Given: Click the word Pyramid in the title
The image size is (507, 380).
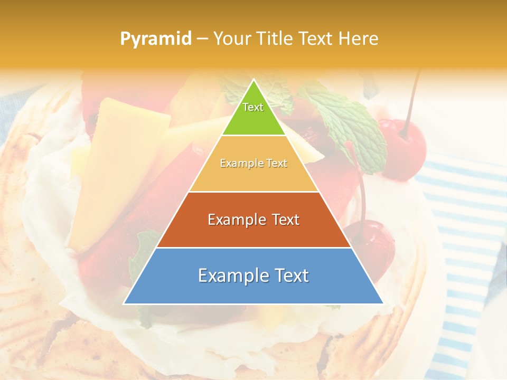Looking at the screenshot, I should click(155, 39).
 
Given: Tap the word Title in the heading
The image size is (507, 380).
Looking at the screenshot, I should click(274, 39).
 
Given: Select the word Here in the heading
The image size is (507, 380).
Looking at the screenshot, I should click(358, 39).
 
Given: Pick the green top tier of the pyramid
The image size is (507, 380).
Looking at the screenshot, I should click(253, 119).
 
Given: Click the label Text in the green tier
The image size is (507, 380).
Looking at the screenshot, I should click(253, 107).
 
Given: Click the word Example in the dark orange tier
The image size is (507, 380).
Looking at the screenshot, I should click(236, 220).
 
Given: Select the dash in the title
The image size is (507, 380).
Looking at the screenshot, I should click(202, 39).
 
